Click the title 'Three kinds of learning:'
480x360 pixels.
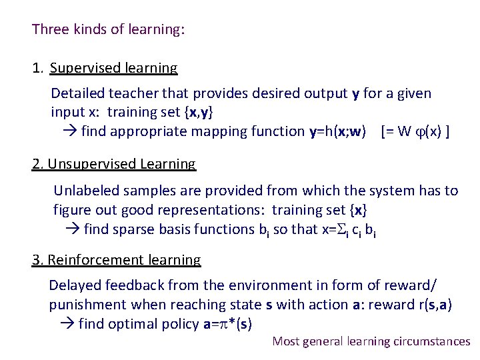pyautogui.click(x=108, y=29)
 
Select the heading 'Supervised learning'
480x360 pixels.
pyautogui.click(x=113, y=68)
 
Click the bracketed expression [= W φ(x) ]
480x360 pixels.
pyautogui.click(x=415, y=131)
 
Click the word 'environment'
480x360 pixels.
pyautogui.click(x=254, y=286)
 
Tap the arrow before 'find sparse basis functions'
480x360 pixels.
pyautogui.click(x=73, y=229)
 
